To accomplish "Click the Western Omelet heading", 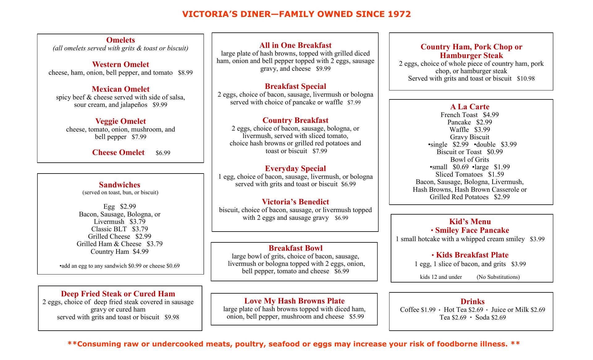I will [120, 65].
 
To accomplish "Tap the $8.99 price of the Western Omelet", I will [185, 73].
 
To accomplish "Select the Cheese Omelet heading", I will [118, 153].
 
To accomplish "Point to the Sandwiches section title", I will [120, 185].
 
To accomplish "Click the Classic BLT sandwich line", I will [120, 229].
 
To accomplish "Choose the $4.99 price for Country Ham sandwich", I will [141, 252].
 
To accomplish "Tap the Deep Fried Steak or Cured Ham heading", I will [118, 294].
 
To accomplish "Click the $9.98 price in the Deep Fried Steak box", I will [172, 317].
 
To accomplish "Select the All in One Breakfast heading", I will [295, 45].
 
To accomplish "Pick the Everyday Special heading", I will [295, 169].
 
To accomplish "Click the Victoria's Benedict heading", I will [295, 202].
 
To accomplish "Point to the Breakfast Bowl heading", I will [295, 248].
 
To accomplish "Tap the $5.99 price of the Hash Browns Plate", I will [356, 317].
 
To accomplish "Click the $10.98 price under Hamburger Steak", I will [526, 79].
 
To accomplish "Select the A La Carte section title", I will [470, 107].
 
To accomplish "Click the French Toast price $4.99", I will [491, 115].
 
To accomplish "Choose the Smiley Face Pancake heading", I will [472, 230].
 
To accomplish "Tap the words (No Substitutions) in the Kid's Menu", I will [498, 277].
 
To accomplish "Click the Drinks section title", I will [472, 302].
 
